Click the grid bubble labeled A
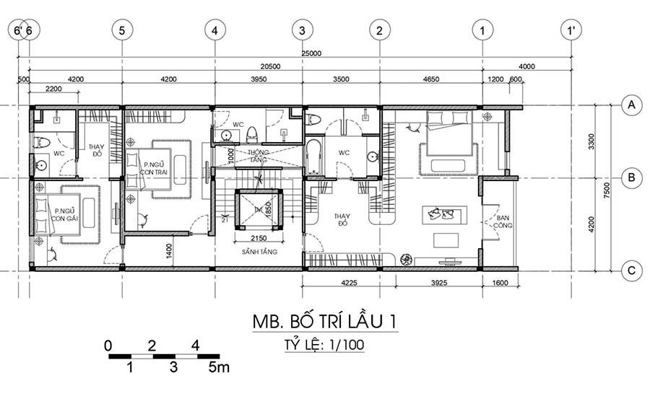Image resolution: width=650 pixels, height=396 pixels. coord(633,106)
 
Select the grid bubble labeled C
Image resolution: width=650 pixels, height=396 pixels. coord(633,270)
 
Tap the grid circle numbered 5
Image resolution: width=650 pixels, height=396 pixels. coord(122,30)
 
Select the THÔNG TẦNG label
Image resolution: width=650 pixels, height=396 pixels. coord(258,156)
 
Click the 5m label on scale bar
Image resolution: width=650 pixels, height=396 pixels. coord(219,368)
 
